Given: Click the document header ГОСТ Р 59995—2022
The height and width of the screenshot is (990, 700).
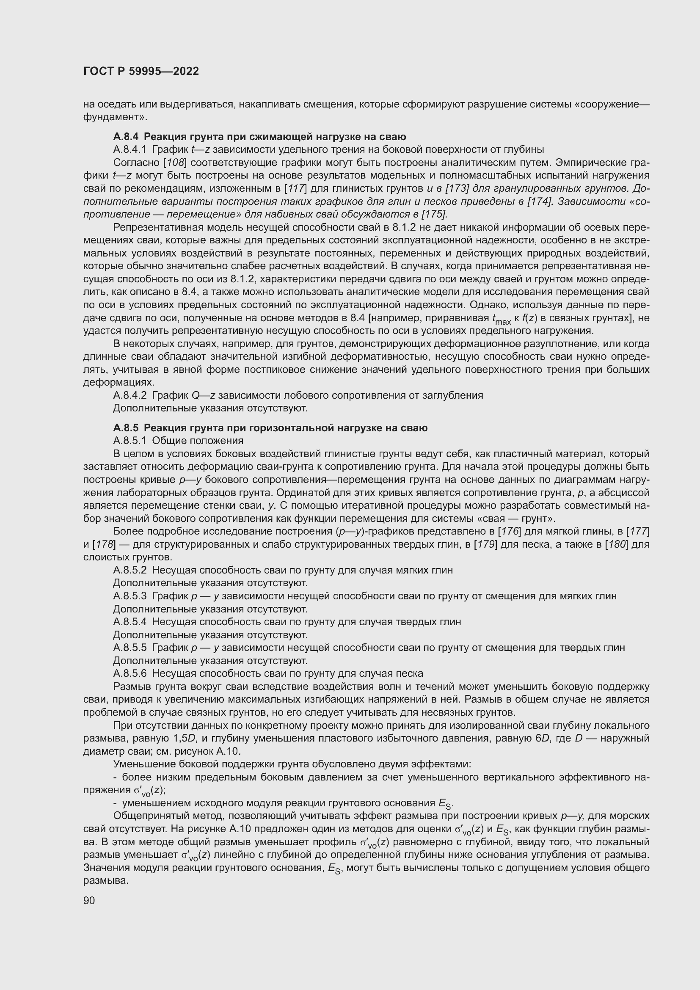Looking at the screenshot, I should point(141,71).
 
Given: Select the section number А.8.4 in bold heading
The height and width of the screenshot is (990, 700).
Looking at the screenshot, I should point(126,137).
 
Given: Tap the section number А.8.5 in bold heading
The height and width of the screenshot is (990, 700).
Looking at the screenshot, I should point(126,428).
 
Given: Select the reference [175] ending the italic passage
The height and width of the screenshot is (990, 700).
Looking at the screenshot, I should point(434,214).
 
